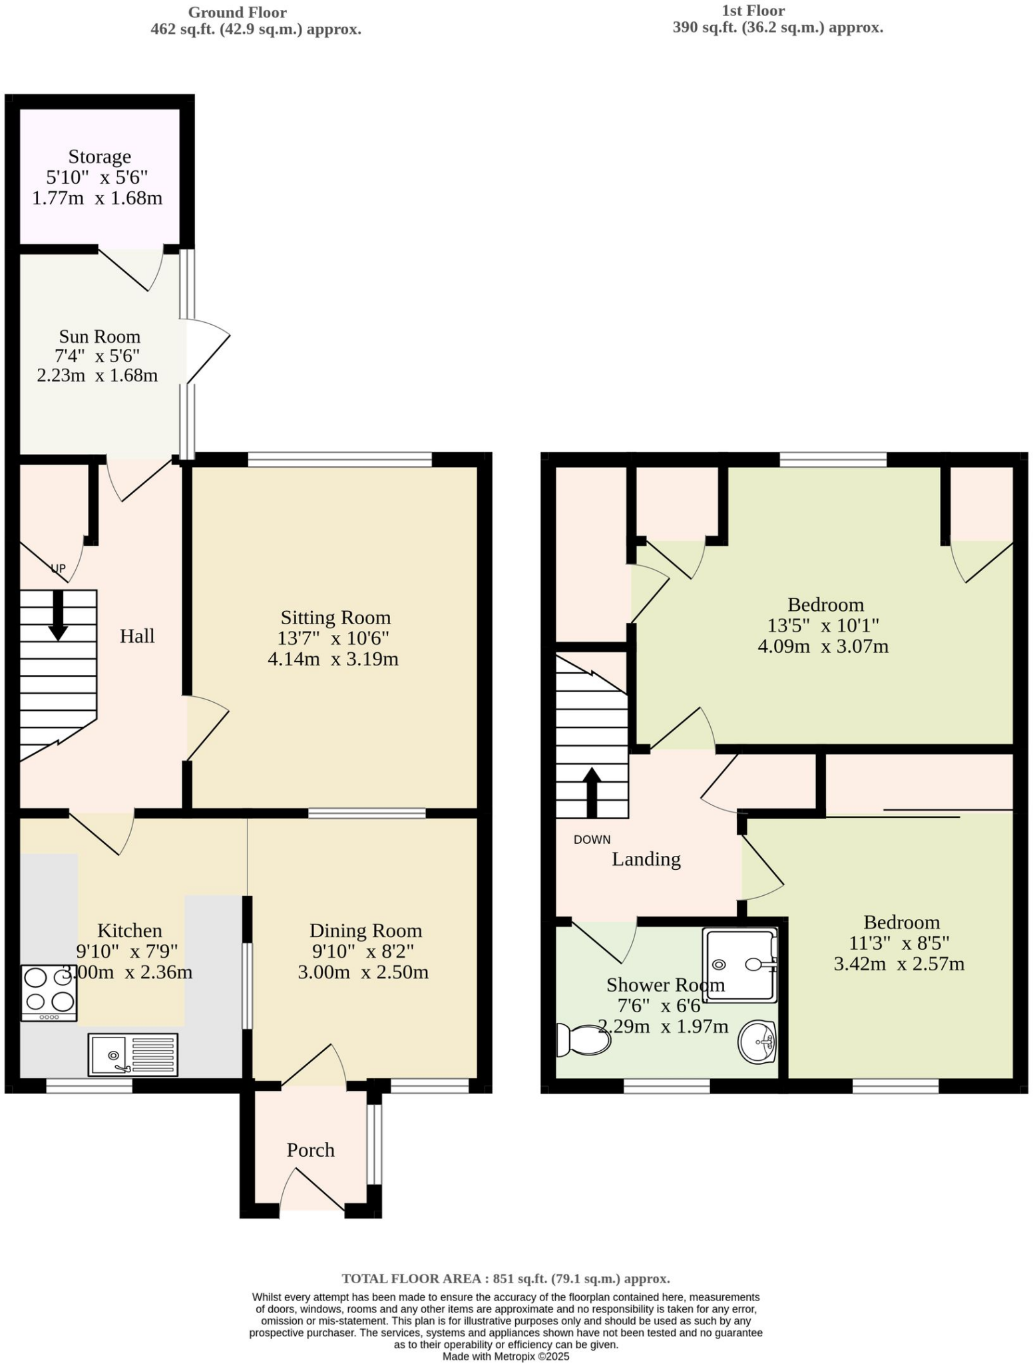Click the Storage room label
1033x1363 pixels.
[x=99, y=157]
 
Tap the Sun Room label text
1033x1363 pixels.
[x=99, y=336]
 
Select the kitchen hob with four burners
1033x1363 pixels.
[x=49, y=993]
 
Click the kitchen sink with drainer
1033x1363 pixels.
[x=133, y=1054]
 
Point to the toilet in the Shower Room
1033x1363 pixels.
[x=583, y=1040]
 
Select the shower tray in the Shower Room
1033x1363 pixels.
[x=740, y=964]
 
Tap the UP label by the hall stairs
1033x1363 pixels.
[x=59, y=569]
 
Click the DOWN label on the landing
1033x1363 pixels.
[x=592, y=840]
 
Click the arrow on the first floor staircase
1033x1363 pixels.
[x=592, y=791]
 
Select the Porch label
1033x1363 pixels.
[x=310, y=1150]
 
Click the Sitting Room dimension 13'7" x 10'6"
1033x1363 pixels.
[x=333, y=638]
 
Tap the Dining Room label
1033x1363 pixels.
[x=365, y=930]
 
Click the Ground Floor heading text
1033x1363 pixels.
[x=237, y=12]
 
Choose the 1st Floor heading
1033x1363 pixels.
[x=753, y=11]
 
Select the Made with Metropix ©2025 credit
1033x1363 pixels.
[x=506, y=1356]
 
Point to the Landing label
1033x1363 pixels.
[x=646, y=859]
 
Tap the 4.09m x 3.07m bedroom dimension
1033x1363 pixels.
[x=823, y=646]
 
